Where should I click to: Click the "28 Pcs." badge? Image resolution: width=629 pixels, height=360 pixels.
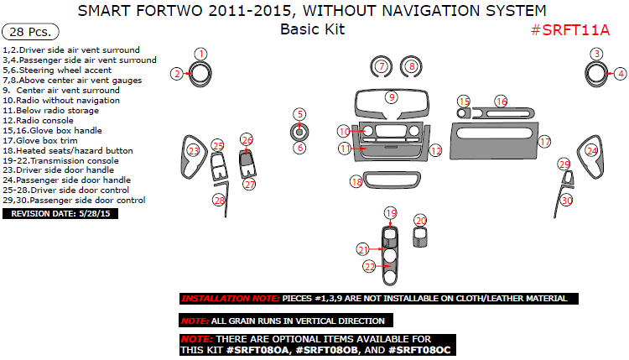(x=30, y=32)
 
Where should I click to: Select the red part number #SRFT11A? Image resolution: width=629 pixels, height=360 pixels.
(x=570, y=30)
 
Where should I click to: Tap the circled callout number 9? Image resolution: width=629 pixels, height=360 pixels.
(x=392, y=97)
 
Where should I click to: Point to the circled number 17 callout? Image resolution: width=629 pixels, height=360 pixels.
(x=544, y=142)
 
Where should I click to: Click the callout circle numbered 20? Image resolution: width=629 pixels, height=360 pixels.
(x=420, y=221)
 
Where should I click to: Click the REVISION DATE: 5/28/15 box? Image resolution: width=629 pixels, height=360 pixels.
(x=60, y=213)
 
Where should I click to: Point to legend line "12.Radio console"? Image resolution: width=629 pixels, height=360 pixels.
(x=38, y=120)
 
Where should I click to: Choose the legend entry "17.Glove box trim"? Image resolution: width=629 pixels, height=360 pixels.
(x=40, y=140)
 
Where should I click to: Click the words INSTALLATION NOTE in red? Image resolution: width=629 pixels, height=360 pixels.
(x=230, y=299)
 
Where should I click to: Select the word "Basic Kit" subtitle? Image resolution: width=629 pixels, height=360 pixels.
(x=313, y=29)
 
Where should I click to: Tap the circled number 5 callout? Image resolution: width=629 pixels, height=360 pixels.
(x=299, y=114)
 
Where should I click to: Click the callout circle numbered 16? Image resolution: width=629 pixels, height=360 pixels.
(x=501, y=102)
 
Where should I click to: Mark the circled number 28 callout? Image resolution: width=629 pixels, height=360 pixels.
(x=219, y=200)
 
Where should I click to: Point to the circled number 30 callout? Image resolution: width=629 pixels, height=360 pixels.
(x=566, y=200)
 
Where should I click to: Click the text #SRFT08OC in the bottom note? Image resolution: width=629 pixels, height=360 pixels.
(x=419, y=350)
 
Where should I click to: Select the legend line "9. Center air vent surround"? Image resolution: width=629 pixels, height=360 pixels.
(x=61, y=91)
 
